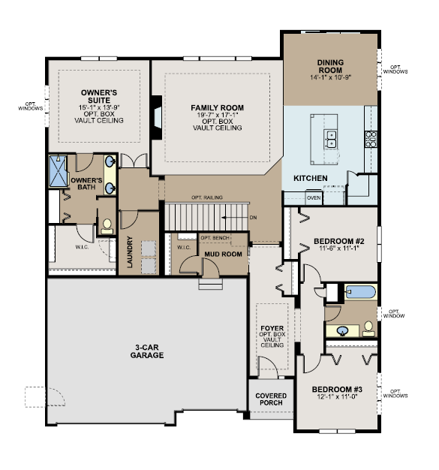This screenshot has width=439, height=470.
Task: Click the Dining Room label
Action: [330, 66]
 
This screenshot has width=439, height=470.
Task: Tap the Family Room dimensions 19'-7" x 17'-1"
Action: [218, 115]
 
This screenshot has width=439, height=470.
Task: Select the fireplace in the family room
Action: [156, 117]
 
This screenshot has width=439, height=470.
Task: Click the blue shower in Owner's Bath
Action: [59, 171]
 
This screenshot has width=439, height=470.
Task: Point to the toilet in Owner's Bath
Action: [107, 226]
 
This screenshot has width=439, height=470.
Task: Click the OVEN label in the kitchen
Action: [314, 197]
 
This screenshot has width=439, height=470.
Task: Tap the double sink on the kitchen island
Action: [331, 139]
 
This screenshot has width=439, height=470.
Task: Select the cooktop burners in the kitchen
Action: [371, 139]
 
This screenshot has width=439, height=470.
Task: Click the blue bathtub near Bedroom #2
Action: [360, 291]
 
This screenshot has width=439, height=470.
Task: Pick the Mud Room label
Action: [223, 255]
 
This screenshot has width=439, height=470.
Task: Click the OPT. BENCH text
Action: [215, 238]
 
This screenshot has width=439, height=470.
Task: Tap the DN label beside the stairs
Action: [253, 217]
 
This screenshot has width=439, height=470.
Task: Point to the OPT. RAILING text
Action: [207, 197]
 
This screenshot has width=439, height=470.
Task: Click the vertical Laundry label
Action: [130, 252]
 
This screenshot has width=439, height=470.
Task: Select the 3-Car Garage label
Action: [147, 351]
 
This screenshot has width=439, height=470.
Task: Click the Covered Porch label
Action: [271, 399]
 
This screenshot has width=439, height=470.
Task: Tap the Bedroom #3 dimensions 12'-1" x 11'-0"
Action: [338, 397]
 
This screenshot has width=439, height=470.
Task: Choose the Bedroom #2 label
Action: [339, 241]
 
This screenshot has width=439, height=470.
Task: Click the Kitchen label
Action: [311, 179]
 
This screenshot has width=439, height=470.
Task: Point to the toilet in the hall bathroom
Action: [368, 329]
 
